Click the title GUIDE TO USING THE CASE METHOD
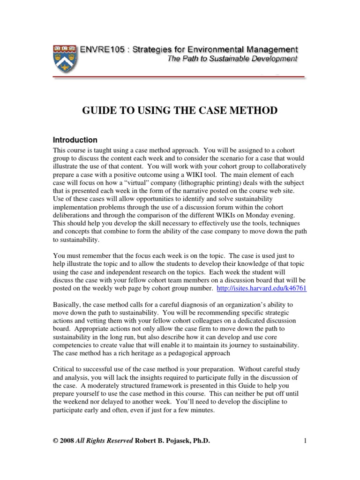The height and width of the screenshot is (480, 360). pyautogui.click(x=180, y=111)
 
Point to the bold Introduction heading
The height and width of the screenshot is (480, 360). pyautogui.click(x=75, y=140)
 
